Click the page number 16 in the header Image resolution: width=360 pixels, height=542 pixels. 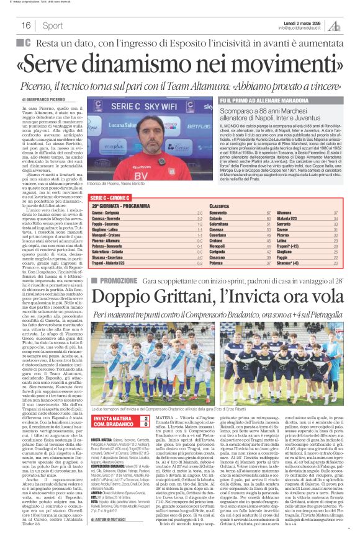(x=26, y=25)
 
